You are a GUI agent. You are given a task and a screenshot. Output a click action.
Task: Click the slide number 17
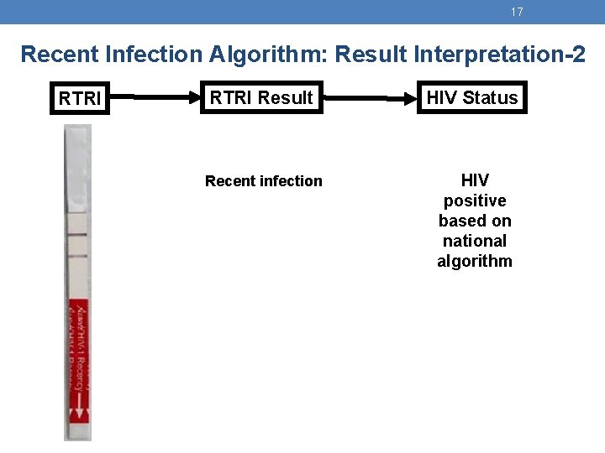(x=517, y=12)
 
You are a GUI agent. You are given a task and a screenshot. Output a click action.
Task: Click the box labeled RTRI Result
(x=260, y=97)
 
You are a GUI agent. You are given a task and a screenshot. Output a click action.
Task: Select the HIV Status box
(x=472, y=97)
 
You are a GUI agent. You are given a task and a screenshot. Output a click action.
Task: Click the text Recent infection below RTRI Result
(x=263, y=181)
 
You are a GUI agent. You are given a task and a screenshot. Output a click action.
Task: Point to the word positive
(x=475, y=201)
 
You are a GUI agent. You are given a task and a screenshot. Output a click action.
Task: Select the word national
(x=475, y=241)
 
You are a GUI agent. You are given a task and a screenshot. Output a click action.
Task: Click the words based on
(x=475, y=221)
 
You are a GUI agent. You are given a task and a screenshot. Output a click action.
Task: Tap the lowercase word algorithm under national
(x=475, y=261)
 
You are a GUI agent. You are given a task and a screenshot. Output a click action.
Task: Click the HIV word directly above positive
(x=475, y=180)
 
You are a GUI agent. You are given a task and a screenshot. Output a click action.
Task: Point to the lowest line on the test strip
(x=77, y=257)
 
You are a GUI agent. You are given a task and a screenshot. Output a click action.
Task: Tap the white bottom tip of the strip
(x=79, y=432)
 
